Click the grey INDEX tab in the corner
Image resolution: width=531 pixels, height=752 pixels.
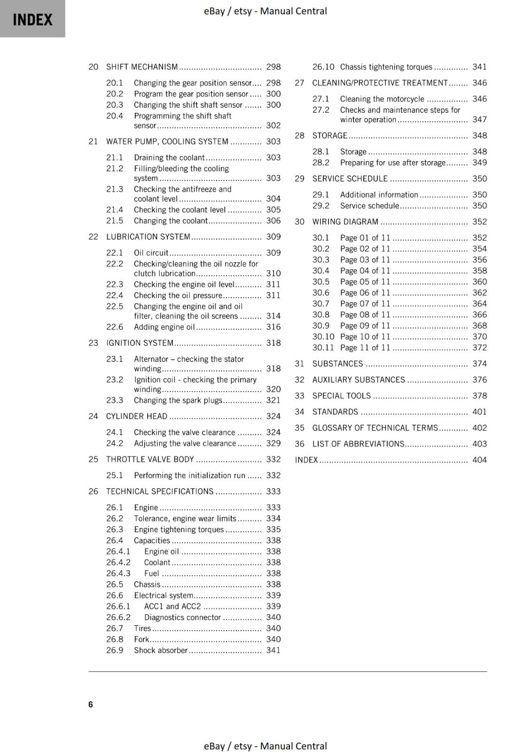click(32, 19)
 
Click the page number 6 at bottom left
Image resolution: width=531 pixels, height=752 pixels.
click(91, 704)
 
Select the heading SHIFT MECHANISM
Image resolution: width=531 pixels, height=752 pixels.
click(142, 67)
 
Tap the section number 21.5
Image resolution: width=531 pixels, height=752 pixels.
click(115, 220)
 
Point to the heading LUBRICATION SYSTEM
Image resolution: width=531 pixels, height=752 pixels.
click(148, 236)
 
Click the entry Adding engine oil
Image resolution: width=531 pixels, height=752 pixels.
click(164, 327)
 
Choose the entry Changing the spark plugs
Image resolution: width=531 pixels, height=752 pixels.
click(178, 400)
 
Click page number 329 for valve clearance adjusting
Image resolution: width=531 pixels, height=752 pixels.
click(273, 443)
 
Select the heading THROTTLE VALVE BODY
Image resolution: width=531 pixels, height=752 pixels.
click(150, 459)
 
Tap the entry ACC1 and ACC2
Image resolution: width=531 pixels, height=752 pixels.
click(172, 606)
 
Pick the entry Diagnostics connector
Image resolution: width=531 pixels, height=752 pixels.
click(182, 617)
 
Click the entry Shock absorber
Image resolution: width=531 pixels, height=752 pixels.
click(161, 650)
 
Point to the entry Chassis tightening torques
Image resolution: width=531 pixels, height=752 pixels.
click(386, 67)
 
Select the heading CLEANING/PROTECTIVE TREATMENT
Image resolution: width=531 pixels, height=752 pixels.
click(380, 83)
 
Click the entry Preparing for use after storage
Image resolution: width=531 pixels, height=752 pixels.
click(392, 163)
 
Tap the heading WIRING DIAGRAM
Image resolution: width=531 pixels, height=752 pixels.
click(345, 221)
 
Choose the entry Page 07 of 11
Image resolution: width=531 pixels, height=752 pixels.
click(365, 304)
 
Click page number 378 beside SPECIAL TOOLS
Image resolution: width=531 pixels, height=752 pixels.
click(479, 396)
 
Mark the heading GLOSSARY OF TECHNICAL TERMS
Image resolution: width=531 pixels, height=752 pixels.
click(375, 428)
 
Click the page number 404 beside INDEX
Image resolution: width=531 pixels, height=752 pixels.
click(479, 460)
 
